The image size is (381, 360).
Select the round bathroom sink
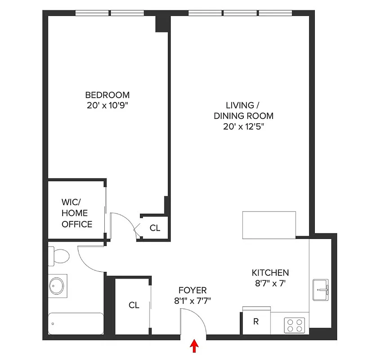[x=58, y=286]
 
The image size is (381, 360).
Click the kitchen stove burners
[x=295, y=325]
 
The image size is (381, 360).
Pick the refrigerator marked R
[x=256, y=321]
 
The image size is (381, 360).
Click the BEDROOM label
[x=108, y=95]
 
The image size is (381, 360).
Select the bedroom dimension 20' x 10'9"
[x=108, y=106]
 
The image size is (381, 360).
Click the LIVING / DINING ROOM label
[x=243, y=111]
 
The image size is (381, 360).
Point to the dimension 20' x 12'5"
[x=243, y=127]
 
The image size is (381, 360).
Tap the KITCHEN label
[x=270, y=273]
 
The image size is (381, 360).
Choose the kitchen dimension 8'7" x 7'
[x=270, y=283]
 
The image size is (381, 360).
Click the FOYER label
[x=193, y=290]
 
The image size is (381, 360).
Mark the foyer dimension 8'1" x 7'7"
[x=193, y=301]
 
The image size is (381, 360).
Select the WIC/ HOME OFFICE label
[x=77, y=213]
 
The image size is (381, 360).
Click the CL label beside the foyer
[x=134, y=305]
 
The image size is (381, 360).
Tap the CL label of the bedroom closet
[x=155, y=228]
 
